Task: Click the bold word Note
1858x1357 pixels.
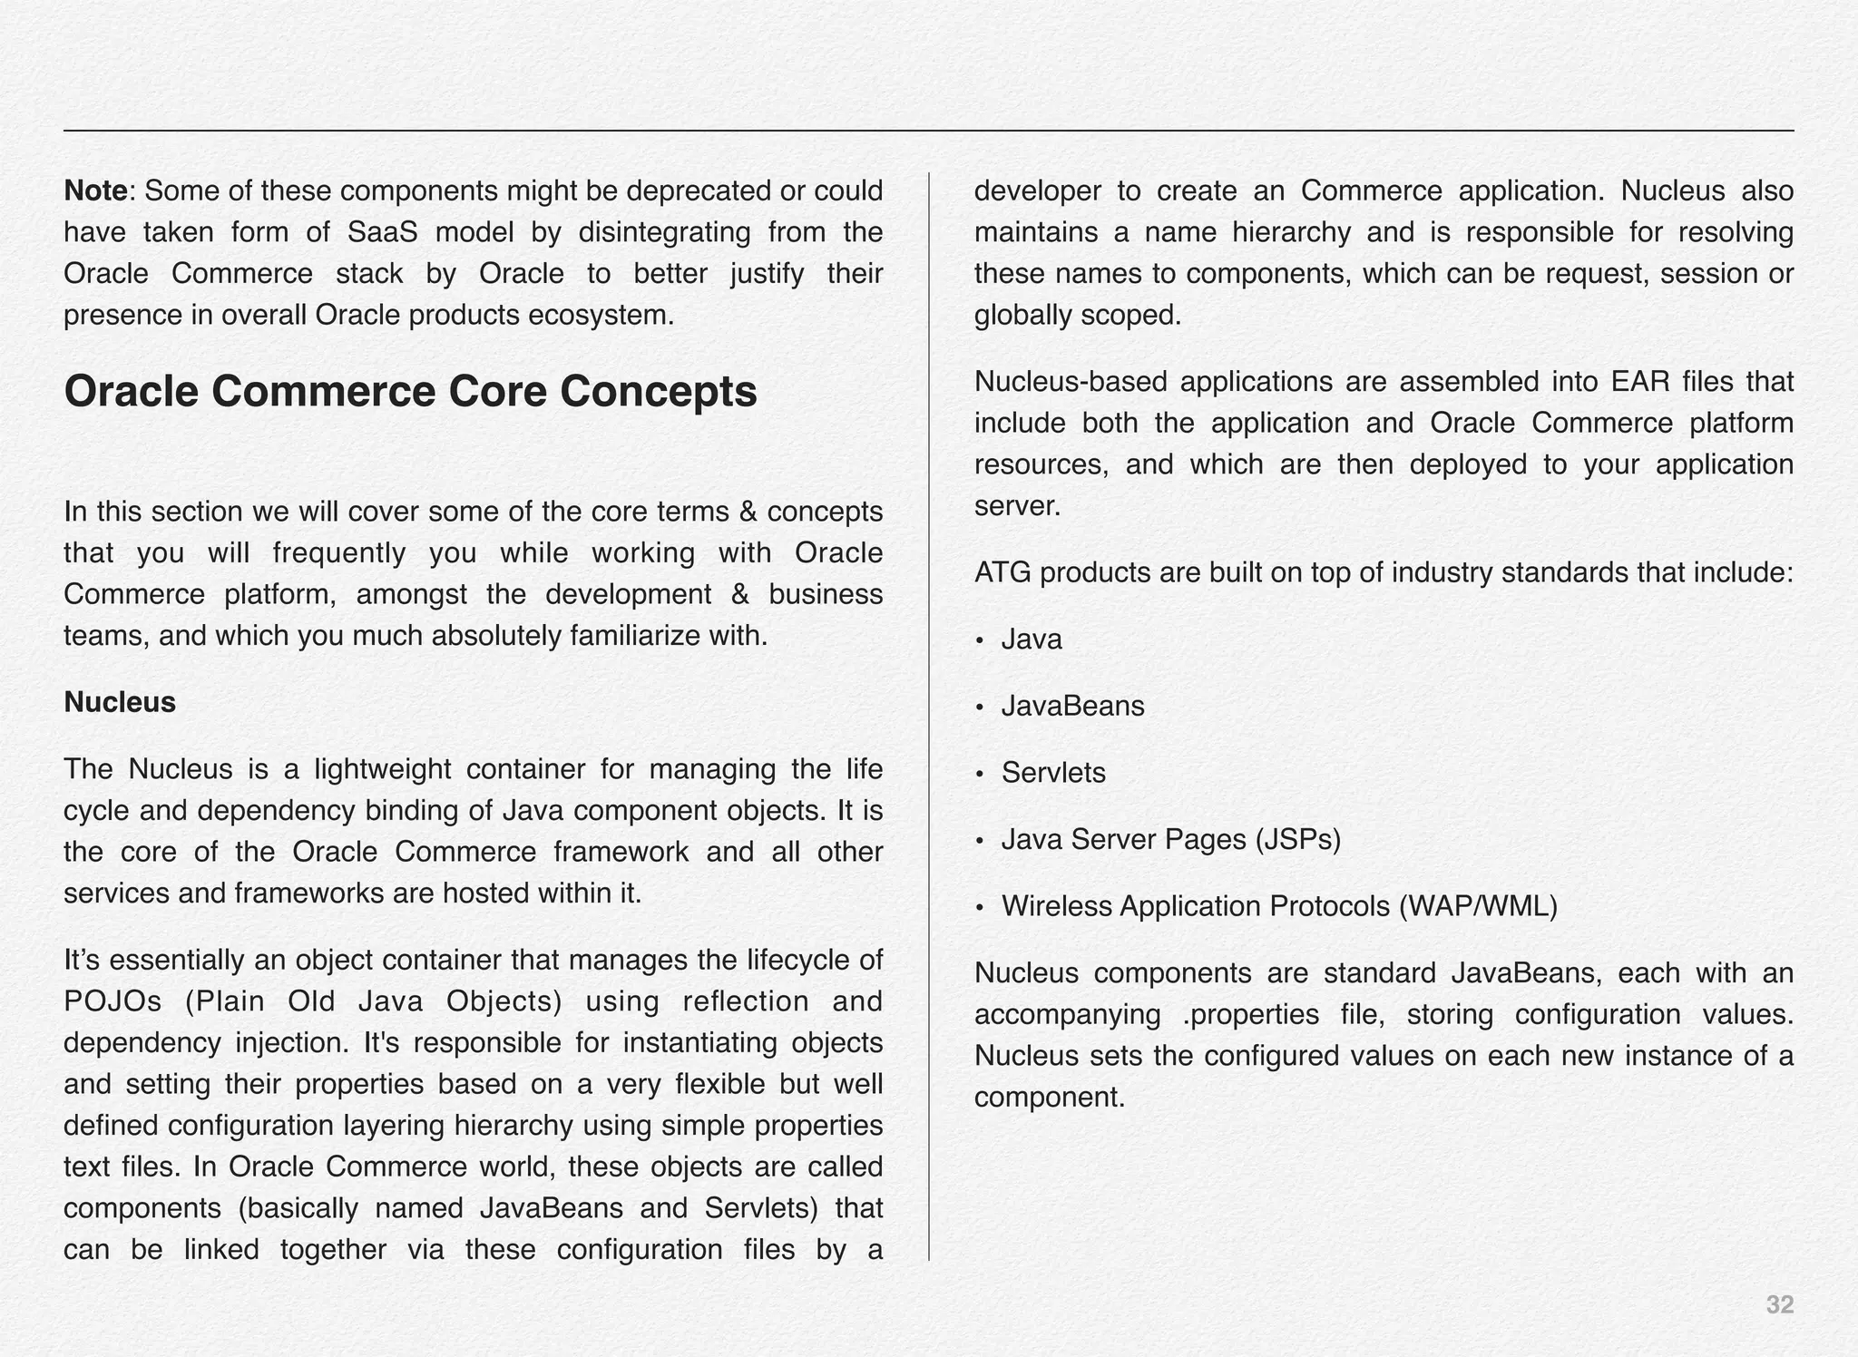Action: tap(95, 191)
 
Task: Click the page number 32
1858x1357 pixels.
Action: tap(1779, 1305)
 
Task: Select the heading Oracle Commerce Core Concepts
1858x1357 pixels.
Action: tap(410, 392)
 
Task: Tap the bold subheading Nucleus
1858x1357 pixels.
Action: tap(119, 702)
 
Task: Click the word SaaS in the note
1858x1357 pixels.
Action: tap(382, 233)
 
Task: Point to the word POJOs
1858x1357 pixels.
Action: tap(112, 1001)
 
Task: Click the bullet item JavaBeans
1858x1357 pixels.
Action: tap(1072, 706)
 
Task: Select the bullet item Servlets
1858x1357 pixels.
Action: tap(1053, 773)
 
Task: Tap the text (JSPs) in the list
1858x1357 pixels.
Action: tap(1298, 840)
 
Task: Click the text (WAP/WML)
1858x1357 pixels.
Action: tap(1478, 906)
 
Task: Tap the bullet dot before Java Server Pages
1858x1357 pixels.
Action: tap(980, 842)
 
